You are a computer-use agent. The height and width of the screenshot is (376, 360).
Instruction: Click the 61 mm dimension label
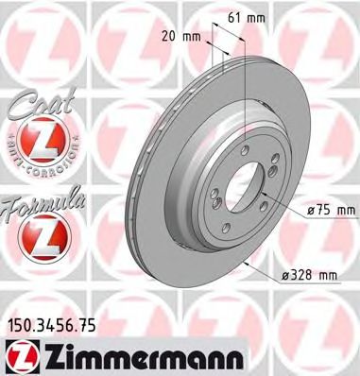pos(249,17)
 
